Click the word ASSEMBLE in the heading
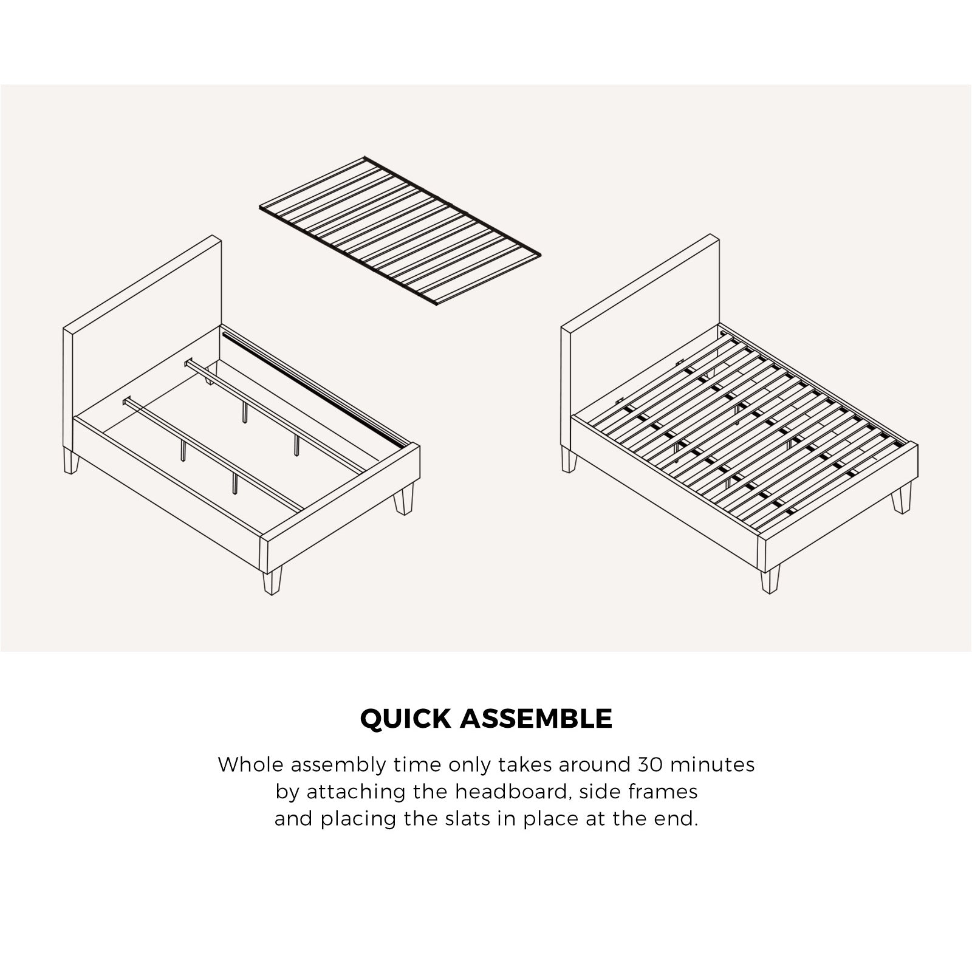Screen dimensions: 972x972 (x=536, y=719)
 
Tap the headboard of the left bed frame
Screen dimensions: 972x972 (x=143, y=328)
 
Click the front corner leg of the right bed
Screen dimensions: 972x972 (x=770, y=581)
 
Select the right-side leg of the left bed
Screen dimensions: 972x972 (x=403, y=498)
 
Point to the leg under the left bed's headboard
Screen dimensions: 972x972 (x=71, y=462)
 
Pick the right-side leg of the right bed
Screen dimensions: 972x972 (x=902, y=497)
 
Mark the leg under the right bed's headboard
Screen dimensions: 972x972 (x=569, y=460)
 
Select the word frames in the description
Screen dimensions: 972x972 (x=664, y=792)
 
